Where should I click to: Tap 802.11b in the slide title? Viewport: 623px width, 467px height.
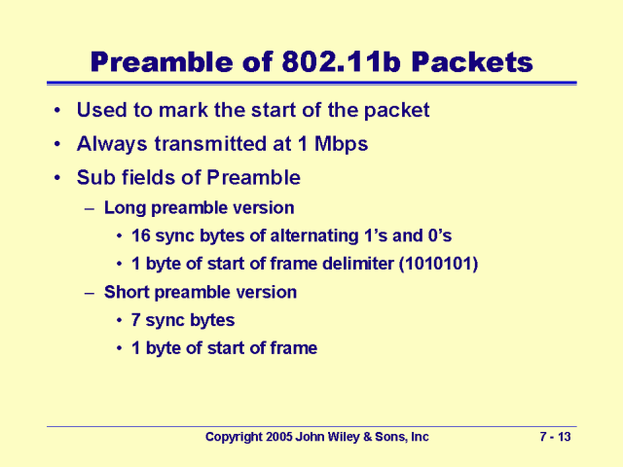341,62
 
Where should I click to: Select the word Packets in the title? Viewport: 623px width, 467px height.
472,62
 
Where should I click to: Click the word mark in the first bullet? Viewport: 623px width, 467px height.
183,110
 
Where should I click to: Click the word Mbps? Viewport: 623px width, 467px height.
341,144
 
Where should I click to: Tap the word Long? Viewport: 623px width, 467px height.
125,208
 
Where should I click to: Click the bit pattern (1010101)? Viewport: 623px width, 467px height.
438,264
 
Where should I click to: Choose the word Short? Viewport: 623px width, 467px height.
127,292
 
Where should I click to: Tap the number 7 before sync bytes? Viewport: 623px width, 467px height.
135,320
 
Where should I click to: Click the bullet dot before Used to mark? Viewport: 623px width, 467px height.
57,110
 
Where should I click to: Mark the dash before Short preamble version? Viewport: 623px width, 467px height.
90,293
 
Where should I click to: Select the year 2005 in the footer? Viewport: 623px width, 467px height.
279,437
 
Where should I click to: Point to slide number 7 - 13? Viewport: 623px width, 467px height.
555,437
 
